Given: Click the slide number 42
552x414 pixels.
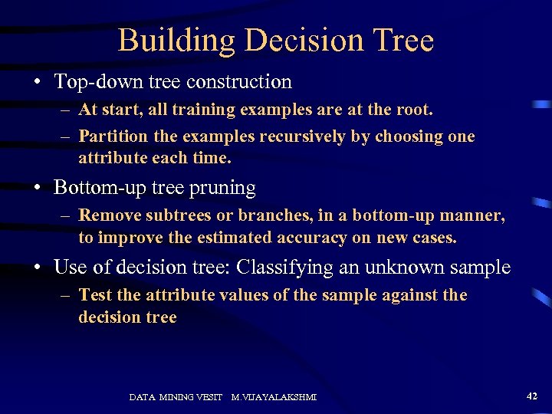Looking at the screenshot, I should point(532,396).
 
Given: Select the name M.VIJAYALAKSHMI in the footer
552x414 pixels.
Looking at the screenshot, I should point(274,397).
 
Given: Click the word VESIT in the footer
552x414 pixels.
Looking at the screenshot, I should point(209,397).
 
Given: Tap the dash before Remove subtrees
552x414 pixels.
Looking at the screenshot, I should point(67,216).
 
